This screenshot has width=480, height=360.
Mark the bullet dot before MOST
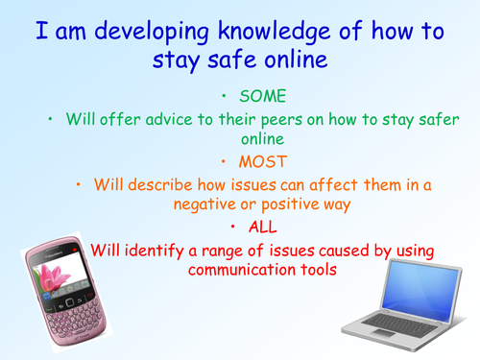click(223, 159)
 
